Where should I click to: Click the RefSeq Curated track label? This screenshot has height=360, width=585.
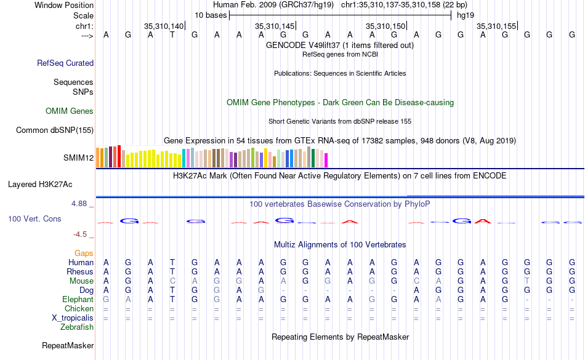[65, 63]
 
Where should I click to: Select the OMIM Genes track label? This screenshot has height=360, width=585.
[70, 111]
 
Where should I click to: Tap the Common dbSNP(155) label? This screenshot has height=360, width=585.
[55, 130]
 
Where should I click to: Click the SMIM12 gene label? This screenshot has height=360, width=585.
[78, 158]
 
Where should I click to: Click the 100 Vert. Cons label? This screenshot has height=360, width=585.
[36, 218]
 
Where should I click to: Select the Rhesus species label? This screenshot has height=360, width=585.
[81, 271]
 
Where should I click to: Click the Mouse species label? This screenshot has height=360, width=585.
[81, 281]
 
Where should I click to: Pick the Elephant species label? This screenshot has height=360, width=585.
[77, 299]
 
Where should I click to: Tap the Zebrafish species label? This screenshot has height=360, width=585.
[77, 327]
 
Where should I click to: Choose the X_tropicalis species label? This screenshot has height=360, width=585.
[73, 318]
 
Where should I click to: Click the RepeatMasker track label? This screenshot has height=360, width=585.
[68, 346]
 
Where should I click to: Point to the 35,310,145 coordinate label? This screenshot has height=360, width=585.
[275, 26]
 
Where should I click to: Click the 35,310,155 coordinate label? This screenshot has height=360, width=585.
[496, 26]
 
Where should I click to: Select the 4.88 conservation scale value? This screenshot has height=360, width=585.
[83, 203]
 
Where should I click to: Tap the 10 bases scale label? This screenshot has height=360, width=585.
[211, 15]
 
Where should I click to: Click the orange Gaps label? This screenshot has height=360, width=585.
[84, 253]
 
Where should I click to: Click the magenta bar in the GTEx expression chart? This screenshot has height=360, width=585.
[326, 159]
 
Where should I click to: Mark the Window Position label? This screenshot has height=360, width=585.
[64, 5]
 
